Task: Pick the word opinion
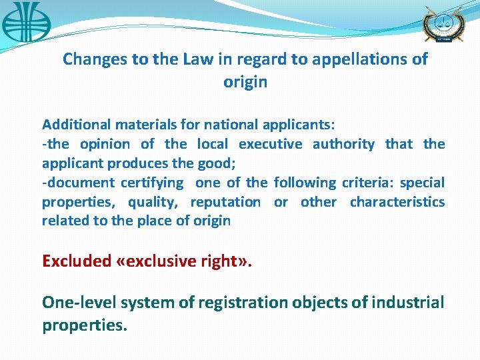(x=105, y=144)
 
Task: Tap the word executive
(x=270, y=144)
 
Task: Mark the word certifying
(x=152, y=183)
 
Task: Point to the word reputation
(x=225, y=202)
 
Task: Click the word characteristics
(x=397, y=202)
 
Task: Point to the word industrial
(x=408, y=303)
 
